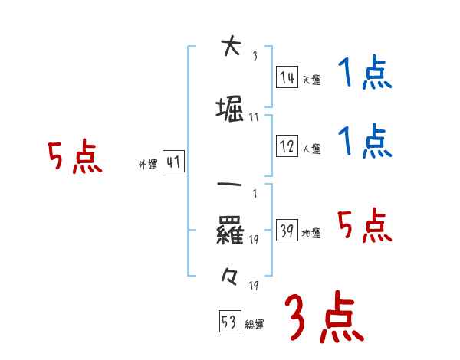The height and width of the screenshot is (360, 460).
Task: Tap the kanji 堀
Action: tap(231, 110)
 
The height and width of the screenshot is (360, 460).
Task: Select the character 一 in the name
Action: tap(231, 185)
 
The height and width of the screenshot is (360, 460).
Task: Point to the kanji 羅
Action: tap(231, 231)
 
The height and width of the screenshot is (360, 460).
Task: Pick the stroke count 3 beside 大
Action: tap(255, 56)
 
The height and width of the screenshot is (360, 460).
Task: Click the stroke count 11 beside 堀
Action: tap(255, 117)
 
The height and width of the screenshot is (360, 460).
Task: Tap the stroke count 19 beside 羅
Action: tap(255, 240)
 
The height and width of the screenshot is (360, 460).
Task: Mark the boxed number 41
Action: tap(173, 162)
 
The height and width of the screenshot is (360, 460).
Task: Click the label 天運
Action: tap(311, 80)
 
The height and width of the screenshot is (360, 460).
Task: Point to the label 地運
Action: tap(311, 234)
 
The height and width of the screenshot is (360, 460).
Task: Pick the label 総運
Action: tap(255, 324)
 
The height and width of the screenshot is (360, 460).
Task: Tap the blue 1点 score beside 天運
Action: tap(364, 75)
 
